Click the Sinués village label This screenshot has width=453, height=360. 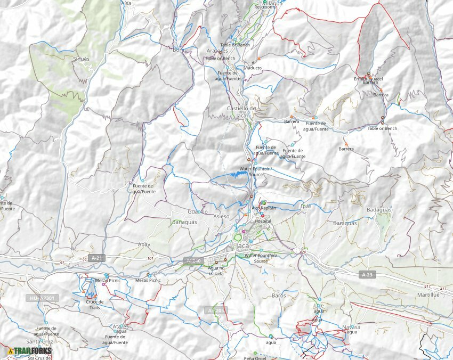[82, 59]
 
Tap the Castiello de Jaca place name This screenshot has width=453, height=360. [241, 111]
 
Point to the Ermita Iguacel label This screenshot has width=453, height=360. [368, 79]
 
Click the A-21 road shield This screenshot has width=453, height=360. [96, 258]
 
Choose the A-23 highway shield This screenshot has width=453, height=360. [366, 275]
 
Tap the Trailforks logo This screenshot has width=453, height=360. [30, 351]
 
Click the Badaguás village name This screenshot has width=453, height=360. [379, 210]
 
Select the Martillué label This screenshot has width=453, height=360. [428, 294]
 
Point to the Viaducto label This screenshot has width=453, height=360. [253, 68]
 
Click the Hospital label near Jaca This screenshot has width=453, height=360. [263, 221]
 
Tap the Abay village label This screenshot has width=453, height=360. [144, 244]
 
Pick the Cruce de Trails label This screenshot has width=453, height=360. [94, 304]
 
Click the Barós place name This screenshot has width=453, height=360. [279, 295]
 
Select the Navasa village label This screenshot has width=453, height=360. [351, 327]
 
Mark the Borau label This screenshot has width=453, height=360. [181, 50]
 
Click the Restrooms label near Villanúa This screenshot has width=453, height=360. [265, 7]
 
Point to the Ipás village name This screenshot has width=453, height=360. [306, 206]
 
